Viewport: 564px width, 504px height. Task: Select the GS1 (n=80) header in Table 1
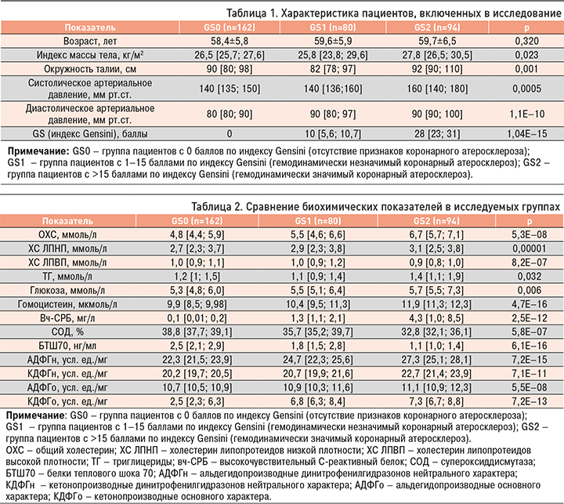pos(316,28)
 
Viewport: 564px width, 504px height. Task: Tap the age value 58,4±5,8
pos(205,42)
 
